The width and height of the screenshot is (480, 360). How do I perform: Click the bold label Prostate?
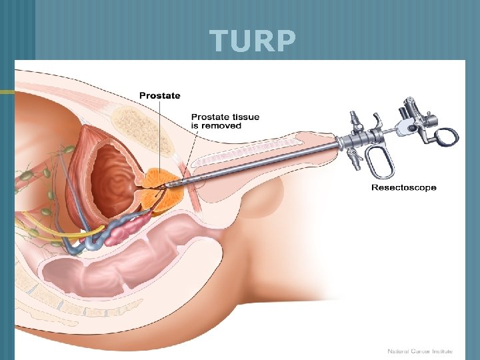pos(159,95)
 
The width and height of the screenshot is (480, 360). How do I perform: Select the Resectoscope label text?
pos(403,187)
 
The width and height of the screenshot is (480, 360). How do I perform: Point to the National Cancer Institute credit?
pos(419,351)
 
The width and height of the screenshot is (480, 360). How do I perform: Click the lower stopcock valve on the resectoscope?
pos(353,159)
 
